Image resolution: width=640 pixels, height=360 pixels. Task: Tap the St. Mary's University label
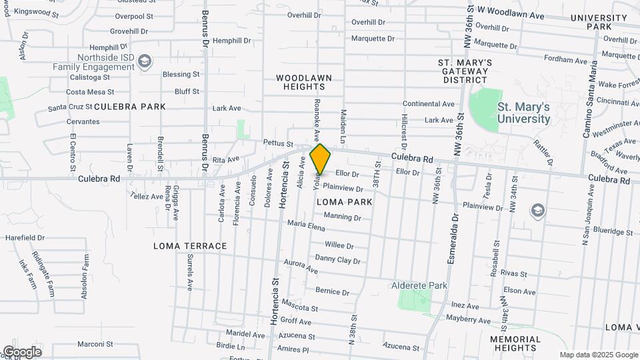(x=523, y=113)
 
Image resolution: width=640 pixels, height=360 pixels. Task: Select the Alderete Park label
(x=419, y=285)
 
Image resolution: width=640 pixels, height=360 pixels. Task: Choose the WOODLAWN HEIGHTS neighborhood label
(x=303, y=83)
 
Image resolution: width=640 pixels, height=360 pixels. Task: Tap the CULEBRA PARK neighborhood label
(x=129, y=107)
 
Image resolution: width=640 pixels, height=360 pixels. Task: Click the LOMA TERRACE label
(x=190, y=246)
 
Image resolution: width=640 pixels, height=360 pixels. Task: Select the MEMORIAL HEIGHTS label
(x=515, y=343)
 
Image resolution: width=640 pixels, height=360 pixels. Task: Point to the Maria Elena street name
(x=306, y=227)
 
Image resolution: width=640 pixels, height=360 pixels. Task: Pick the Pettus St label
(x=278, y=143)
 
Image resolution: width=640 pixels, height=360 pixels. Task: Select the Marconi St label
(x=95, y=345)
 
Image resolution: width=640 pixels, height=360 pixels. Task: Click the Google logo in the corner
(x=22, y=351)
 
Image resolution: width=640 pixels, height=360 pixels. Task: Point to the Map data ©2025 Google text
(x=598, y=355)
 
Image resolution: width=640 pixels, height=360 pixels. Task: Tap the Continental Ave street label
(x=429, y=104)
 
